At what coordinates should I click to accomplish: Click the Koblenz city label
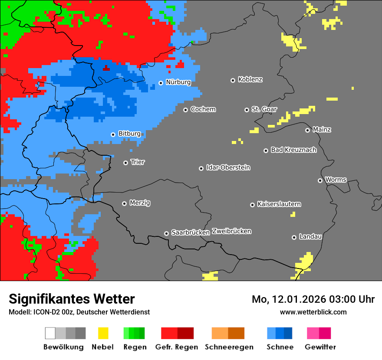point(250,80)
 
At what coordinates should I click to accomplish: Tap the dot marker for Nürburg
point(161,82)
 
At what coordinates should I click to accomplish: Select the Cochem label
point(203,109)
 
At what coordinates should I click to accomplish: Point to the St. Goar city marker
point(247,110)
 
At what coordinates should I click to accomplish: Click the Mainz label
point(322,130)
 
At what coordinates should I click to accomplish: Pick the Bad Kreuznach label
point(293,150)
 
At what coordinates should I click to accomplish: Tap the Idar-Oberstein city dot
point(201,168)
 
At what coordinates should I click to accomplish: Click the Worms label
point(336,180)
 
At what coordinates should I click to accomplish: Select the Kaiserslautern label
point(279,204)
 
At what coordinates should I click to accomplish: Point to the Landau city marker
point(294,237)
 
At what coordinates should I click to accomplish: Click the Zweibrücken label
point(231,231)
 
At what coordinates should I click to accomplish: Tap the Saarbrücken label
point(191,232)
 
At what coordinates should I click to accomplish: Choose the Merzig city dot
point(124,203)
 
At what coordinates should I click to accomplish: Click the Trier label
point(138,162)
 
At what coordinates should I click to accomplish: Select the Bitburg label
point(129,134)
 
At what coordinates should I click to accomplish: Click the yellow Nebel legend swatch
point(103,333)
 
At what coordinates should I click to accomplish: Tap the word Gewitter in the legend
point(320,347)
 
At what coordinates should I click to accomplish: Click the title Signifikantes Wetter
point(72,299)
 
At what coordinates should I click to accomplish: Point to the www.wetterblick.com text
point(313,312)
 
